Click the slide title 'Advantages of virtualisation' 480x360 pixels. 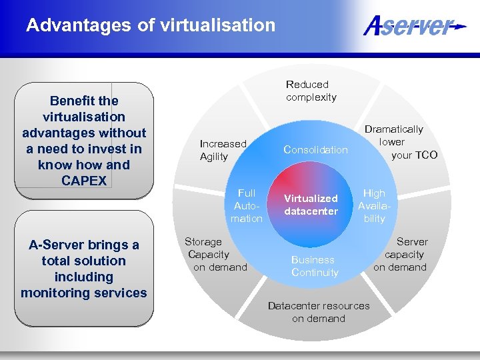(x=151, y=25)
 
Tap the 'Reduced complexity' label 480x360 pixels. (x=311, y=91)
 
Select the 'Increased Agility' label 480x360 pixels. (x=223, y=150)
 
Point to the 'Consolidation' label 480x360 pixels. (x=315, y=150)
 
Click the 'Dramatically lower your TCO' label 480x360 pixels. (x=400, y=142)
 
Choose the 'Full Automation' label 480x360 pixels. (x=246, y=205)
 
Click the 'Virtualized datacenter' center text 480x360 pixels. (x=311, y=205)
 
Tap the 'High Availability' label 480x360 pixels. (x=374, y=205)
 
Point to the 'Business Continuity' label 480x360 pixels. (x=314, y=266)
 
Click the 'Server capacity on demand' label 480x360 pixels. (x=401, y=254)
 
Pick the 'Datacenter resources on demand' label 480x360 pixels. (x=318, y=312)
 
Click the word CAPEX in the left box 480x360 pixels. (x=83, y=181)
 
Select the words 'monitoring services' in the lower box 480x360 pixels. (x=83, y=293)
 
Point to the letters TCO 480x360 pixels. (x=425, y=155)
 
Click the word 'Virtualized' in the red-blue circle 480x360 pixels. (x=311, y=198)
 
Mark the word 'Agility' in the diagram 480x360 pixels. (x=214, y=157)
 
